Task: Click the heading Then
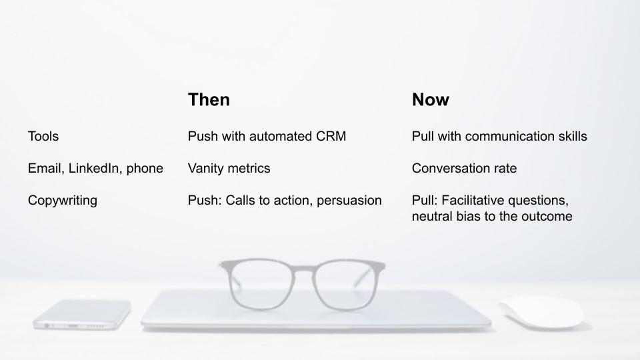pyautogui.click(x=209, y=99)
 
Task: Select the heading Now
pyautogui.click(x=430, y=99)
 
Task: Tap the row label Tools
pyautogui.click(x=43, y=136)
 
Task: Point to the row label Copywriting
pyautogui.click(x=63, y=201)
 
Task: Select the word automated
pyautogui.click(x=275, y=136)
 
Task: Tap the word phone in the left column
pyautogui.click(x=145, y=169)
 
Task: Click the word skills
pyautogui.click(x=573, y=136)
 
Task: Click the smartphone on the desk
pyautogui.click(x=82, y=314)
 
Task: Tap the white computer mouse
pyautogui.click(x=541, y=312)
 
